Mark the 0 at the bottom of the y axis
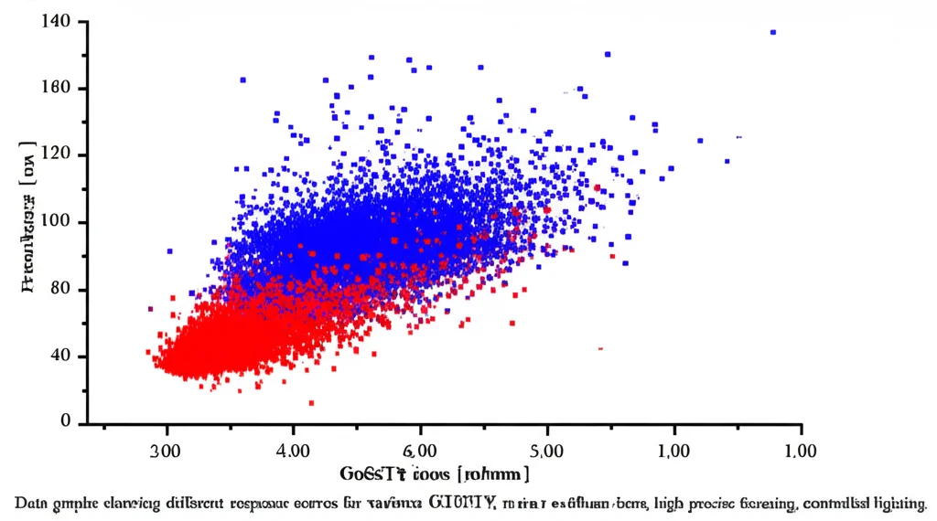tap(66, 421)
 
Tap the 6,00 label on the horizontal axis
tap(420, 451)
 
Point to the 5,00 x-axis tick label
tap(546, 451)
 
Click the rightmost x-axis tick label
tap(801, 451)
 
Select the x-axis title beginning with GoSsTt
tap(435, 473)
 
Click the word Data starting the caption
tap(32, 503)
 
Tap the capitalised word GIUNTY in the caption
tap(463, 503)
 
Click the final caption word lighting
tap(899, 503)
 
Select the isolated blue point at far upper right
tap(773, 32)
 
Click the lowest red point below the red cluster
tap(311, 403)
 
